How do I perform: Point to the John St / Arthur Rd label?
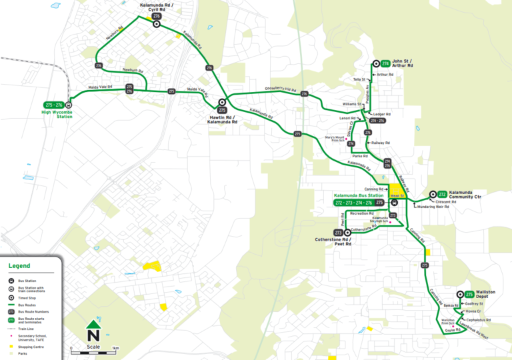(x=403, y=64)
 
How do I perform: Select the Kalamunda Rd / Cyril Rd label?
(x=157, y=7)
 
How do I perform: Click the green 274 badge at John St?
(x=385, y=63)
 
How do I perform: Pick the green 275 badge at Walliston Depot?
(x=469, y=294)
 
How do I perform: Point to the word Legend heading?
(x=19, y=265)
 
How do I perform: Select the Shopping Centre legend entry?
(x=31, y=346)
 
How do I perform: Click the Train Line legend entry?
(x=26, y=329)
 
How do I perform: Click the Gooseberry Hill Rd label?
(x=280, y=89)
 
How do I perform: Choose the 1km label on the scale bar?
(x=115, y=349)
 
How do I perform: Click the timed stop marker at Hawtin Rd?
(x=222, y=103)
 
